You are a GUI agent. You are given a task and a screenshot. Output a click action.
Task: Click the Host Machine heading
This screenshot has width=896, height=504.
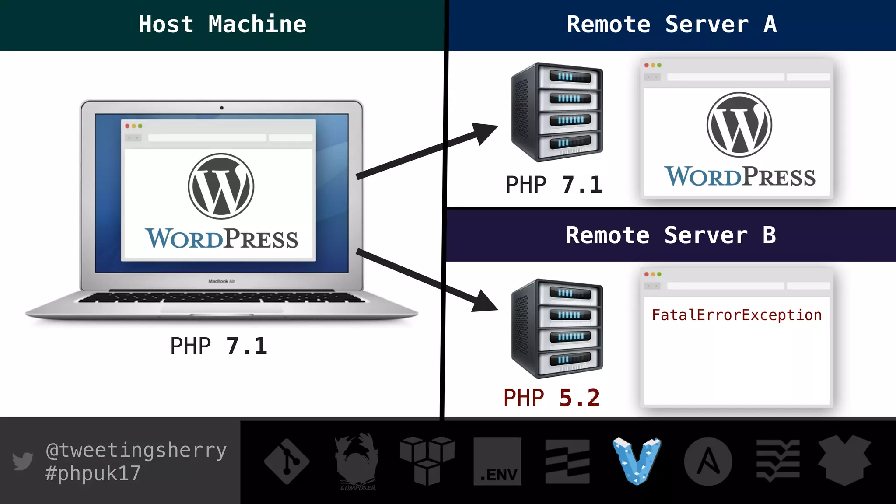pos(222,24)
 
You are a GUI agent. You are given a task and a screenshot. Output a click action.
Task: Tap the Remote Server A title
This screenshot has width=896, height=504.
pos(672,24)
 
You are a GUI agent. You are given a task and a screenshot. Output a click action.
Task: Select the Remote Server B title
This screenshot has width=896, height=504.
pos(671,235)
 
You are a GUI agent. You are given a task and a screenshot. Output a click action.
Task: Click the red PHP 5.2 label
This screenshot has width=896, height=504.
pos(551,398)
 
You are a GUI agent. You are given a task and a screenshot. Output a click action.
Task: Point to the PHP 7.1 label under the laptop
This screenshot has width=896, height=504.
pos(218,346)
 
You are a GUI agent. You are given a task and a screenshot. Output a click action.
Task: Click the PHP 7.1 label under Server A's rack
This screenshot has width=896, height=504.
pos(554,185)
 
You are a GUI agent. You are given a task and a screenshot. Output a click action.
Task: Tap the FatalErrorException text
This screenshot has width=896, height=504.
pos(736,315)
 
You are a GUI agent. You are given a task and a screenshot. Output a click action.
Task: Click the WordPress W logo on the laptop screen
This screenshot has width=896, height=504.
pos(221,186)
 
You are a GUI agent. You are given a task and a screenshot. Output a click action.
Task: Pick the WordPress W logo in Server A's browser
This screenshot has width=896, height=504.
pos(739,125)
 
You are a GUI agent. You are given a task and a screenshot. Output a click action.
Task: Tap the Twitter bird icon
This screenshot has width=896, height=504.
pos(22,461)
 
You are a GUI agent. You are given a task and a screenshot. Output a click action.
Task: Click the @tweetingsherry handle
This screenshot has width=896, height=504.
pos(136,450)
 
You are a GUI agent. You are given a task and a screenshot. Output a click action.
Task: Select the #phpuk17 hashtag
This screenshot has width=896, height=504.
pos(93,473)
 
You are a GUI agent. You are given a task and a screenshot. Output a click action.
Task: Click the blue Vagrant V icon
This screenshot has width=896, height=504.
pos(637,461)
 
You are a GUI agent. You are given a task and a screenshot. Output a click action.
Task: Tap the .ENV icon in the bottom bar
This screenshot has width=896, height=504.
pos(497,462)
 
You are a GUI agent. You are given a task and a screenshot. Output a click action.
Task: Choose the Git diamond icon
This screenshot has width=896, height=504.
pos(287,462)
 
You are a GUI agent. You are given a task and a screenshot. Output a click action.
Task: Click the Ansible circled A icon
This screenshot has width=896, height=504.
pos(708,462)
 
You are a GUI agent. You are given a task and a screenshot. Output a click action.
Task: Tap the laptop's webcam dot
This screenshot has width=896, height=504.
pos(222,108)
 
